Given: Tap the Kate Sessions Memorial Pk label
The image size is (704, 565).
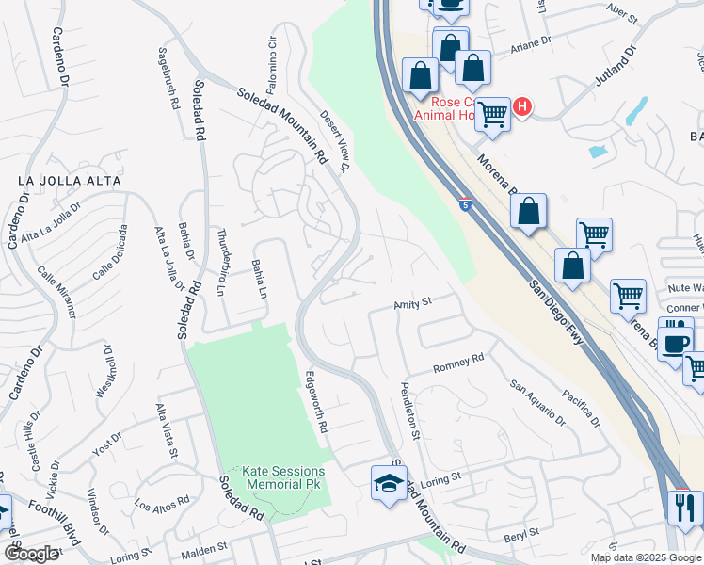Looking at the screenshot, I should [283, 477].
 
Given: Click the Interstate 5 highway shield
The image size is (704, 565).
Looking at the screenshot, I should [465, 204].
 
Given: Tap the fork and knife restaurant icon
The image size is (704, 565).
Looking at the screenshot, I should [684, 508].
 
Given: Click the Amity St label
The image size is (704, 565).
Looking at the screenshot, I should [412, 303].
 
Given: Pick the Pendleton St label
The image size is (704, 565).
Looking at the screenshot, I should [410, 412].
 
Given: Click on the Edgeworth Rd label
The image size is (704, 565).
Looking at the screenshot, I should [316, 401].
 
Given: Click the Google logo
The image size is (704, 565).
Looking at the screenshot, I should [30, 554].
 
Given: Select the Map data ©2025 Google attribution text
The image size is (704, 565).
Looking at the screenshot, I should [646, 557].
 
